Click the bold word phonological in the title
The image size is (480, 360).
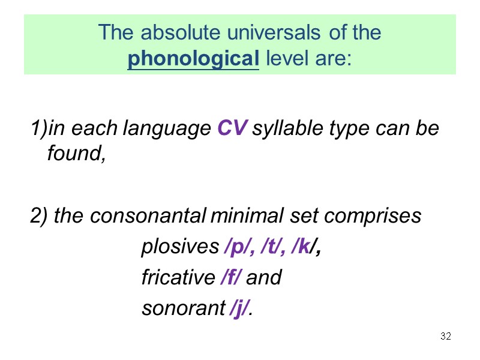(193, 59)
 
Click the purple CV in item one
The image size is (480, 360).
(231, 129)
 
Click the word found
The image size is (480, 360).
(75, 154)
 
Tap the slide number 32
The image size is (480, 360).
(445, 335)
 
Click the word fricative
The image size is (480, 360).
(178, 278)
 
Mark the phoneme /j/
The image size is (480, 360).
(240, 309)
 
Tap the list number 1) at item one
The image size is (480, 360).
(36, 129)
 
